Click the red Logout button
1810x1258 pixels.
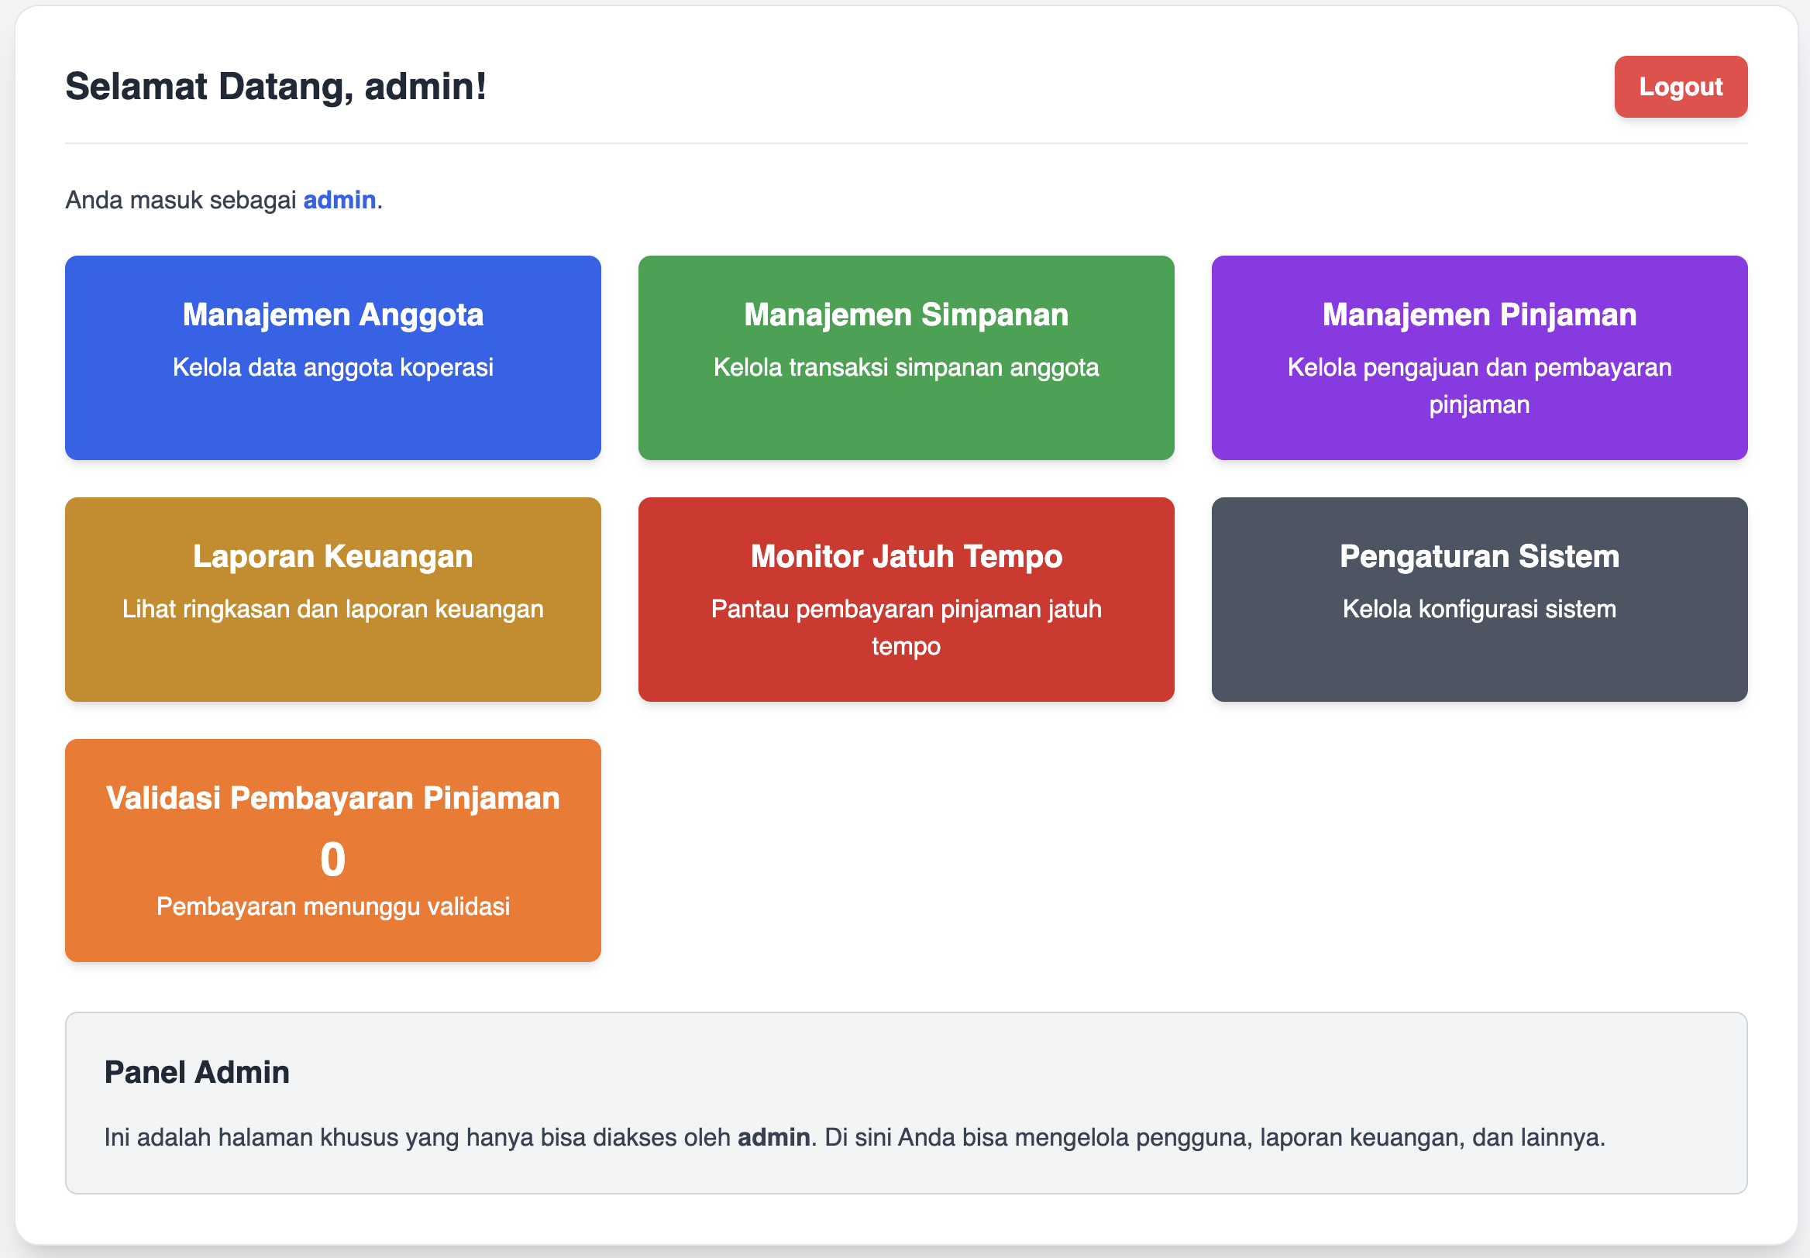coord(1681,87)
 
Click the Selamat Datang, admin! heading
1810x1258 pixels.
coord(276,87)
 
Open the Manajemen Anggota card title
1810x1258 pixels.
coord(332,314)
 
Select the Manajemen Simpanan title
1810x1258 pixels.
coord(906,314)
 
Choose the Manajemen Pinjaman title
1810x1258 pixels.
coord(1479,314)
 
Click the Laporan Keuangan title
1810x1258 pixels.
coord(332,556)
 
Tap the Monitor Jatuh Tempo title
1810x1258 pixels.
coord(906,556)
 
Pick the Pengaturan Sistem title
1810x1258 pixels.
coord(1479,556)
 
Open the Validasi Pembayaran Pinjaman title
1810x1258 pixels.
coord(332,799)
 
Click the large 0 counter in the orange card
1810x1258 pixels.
coord(332,859)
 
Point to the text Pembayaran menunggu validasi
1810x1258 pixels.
coord(332,906)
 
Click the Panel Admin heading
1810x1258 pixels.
coord(197,1073)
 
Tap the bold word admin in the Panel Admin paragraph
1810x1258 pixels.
coord(773,1137)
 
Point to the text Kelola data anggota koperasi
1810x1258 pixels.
coord(332,367)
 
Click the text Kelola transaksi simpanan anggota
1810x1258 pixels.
coord(906,367)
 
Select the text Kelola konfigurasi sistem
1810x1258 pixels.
coord(1479,609)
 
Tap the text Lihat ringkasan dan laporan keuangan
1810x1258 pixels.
coord(332,609)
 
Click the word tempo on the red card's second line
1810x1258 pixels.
coord(906,647)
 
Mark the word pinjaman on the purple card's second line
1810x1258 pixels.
coord(1479,405)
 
